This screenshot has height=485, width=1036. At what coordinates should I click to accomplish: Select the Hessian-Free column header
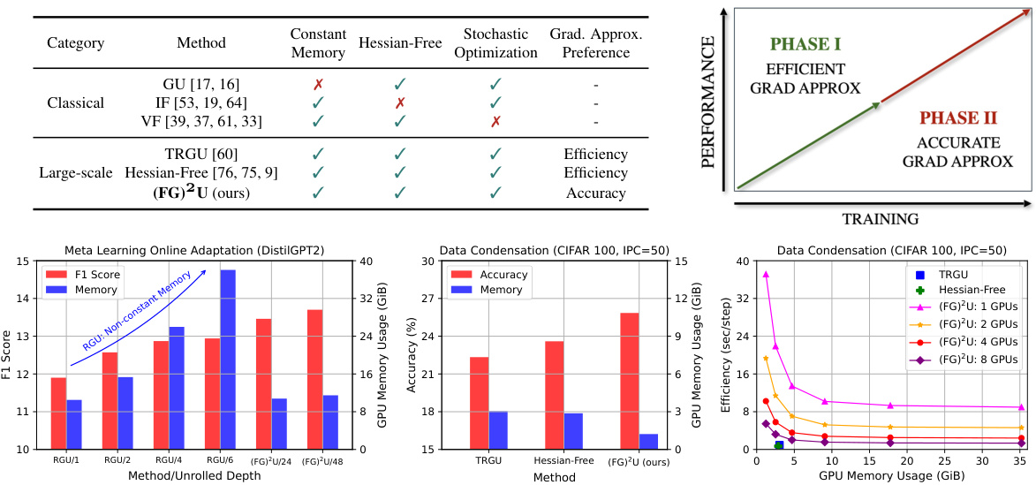[399, 42]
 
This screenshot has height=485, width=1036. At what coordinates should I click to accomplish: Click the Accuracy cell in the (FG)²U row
[596, 193]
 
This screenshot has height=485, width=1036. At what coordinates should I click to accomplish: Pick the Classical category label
[75, 103]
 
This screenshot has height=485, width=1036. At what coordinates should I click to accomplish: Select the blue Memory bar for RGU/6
[228, 359]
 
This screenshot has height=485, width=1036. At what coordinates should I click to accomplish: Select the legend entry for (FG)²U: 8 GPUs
[968, 360]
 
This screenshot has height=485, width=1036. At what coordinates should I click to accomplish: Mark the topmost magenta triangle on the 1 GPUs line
[766, 275]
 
